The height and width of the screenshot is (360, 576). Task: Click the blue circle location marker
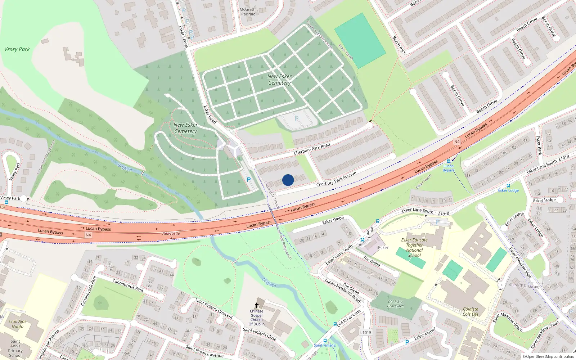288,180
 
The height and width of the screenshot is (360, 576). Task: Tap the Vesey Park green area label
17,49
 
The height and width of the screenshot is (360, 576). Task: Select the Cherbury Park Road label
312,149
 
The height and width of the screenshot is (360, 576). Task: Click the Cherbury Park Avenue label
336,179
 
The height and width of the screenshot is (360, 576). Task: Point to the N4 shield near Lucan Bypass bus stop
457,141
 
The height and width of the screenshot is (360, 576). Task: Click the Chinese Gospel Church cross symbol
257,305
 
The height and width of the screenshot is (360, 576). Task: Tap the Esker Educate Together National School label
414,247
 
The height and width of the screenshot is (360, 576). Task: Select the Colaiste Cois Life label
471,311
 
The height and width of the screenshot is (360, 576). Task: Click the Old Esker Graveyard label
395,304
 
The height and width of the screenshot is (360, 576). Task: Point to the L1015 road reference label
365,332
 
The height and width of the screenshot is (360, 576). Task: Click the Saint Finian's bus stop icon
325,341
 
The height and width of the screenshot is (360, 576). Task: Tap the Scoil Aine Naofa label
17,324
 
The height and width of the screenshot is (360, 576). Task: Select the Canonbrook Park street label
128,285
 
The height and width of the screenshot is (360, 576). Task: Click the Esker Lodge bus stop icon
508,186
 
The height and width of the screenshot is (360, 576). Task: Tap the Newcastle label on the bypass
171,233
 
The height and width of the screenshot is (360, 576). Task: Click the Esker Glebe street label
333,220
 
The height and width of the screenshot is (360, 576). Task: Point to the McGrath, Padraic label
248,12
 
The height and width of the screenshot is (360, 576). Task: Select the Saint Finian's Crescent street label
214,308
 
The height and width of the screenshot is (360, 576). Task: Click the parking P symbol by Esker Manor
407,342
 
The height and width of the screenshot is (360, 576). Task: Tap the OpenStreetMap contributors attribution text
548,356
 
